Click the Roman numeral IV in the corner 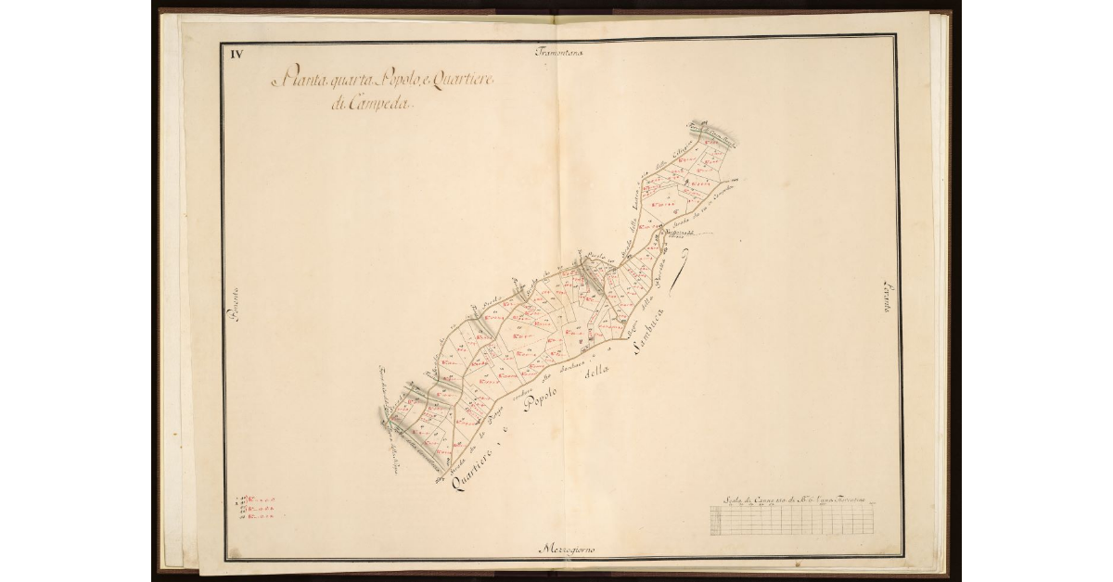coord(237,54)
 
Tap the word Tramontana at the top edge coord(558,52)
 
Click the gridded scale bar coord(793,520)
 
